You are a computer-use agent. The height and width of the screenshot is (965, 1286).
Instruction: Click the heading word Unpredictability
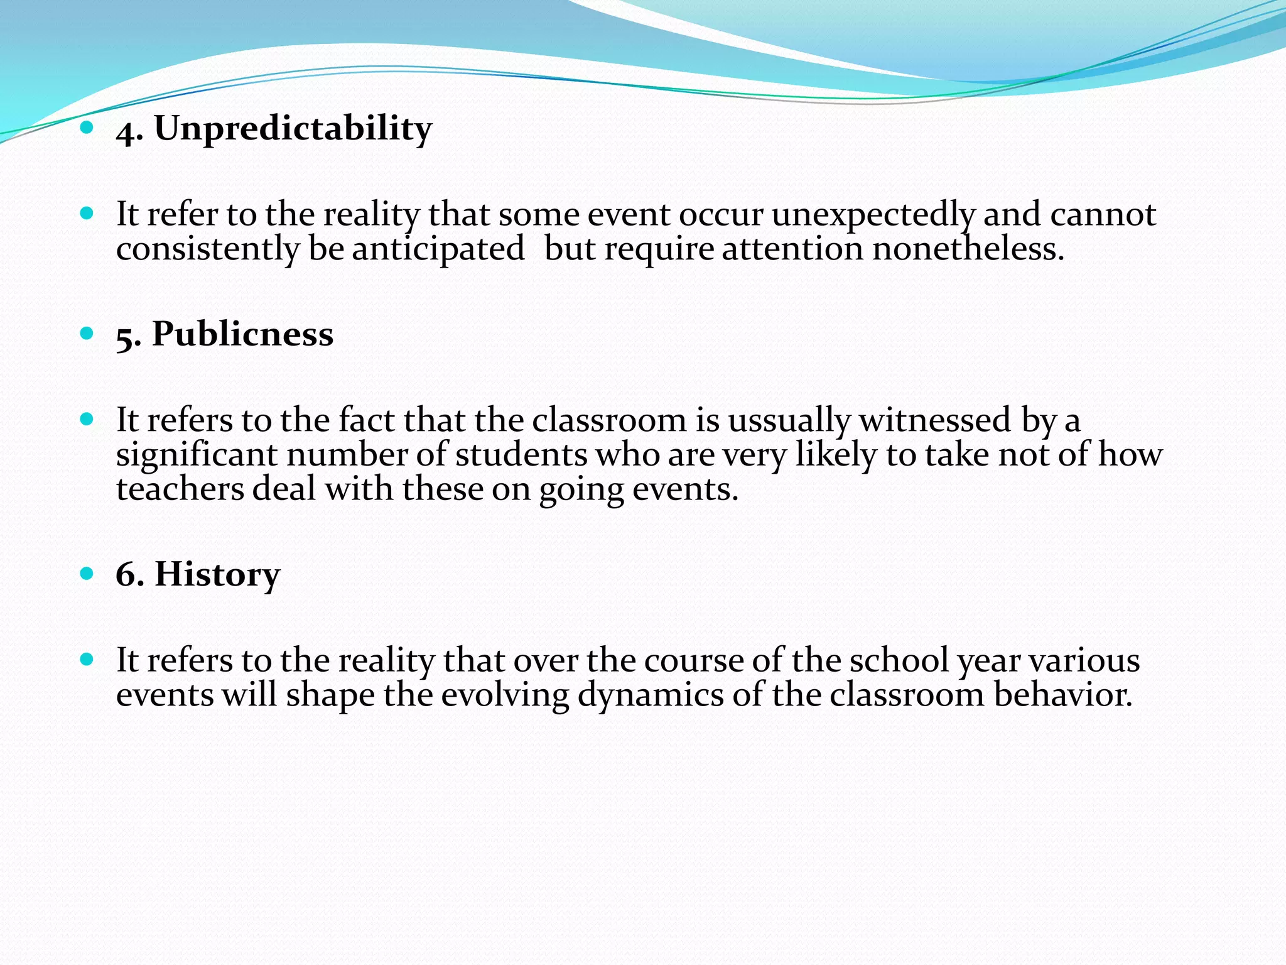[x=293, y=129]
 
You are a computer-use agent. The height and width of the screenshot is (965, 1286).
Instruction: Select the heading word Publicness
[x=242, y=334]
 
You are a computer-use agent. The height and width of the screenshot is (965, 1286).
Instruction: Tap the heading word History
[x=217, y=574]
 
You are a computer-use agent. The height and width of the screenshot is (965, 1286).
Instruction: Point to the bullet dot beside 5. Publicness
[x=87, y=333]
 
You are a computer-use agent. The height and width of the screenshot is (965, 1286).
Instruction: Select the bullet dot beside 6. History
[x=87, y=574]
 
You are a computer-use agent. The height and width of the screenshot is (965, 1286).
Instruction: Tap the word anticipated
[x=438, y=249]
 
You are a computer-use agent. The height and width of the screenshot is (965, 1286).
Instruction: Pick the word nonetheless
[x=968, y=249]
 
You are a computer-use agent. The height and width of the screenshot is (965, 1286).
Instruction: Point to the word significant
[x=197, y=454]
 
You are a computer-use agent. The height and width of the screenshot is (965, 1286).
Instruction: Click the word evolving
[x=505, y=695]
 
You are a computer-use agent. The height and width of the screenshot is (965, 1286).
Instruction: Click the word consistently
[x=208, y=249]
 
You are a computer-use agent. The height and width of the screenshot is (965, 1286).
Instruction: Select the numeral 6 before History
[x=126, y=574]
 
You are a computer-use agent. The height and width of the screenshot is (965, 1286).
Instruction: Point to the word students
[x=521, y=454]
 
